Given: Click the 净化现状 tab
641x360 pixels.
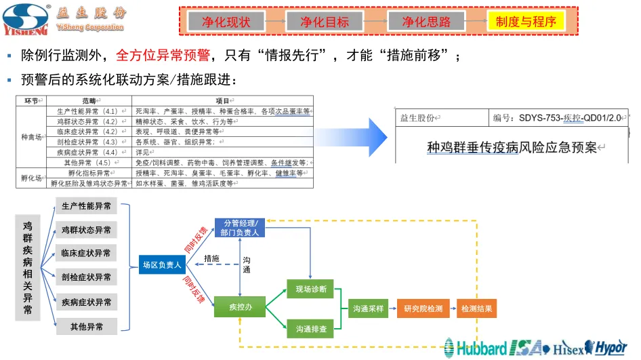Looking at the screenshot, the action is click(x=226, y=22).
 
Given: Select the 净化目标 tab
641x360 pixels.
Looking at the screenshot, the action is click(x=325, y=22).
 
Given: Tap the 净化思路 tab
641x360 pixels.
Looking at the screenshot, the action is click(x=426, y=22).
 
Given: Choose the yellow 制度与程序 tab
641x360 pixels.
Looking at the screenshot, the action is click(x=526, y=22).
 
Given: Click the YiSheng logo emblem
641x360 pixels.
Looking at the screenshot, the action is click(x=26, y=18).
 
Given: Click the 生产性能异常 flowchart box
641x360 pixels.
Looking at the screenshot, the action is click(x=86, y=206).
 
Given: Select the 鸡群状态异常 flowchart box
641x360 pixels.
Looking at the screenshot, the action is click(x=86, y=230).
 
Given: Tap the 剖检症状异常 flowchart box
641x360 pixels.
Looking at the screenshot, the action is click(x=86, y=277).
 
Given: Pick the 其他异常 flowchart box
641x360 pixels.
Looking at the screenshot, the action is click(x=86, y=327).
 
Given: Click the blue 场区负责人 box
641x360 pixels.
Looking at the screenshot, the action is click(x=161, y=265).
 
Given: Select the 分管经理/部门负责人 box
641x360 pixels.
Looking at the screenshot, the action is click(x=239, y=227).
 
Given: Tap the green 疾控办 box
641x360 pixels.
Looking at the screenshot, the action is click(x=239, y=307).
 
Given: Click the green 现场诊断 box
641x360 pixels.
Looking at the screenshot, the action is click(x=311, y=289).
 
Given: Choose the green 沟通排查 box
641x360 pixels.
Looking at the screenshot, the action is click(x=311, y=329).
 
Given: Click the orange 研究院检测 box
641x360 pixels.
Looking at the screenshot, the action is click(x=423, y=308).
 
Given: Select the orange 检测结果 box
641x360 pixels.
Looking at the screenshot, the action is click(x=477, y=308).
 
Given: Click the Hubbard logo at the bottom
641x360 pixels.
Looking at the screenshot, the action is click(x=476, y=348).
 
